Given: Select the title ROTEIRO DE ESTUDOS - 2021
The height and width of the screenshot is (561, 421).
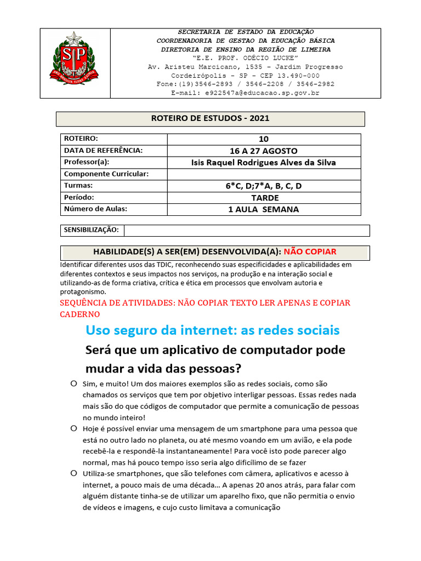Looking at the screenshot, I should [210, 118].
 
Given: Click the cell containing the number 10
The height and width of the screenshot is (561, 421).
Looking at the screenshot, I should [264, 139].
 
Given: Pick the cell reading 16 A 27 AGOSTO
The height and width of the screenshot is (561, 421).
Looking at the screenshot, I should [264, 151].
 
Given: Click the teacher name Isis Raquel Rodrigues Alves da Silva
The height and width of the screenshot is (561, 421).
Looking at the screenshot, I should [264, 162].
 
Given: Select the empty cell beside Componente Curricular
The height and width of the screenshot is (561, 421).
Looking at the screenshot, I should [264, 174].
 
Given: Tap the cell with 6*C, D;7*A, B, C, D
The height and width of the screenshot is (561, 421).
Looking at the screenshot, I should [264, 186].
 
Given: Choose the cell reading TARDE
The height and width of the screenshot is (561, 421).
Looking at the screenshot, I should [264, 197].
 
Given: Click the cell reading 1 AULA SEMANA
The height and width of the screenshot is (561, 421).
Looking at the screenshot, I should [264, 209].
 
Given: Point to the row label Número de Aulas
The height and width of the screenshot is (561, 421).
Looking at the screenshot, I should [95, 209].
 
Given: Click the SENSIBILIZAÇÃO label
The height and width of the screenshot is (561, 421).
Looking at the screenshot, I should [92, 230].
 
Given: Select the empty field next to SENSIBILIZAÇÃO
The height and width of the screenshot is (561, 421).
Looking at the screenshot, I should [247, 230].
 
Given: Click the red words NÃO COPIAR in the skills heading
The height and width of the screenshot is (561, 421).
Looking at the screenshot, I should [310, 252].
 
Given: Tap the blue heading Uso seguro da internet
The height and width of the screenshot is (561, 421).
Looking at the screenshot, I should [213, 330].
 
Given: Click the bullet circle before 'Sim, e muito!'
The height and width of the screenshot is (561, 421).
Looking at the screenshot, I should [73, 383].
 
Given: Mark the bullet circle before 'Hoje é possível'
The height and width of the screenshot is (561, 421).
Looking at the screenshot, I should [73, 428].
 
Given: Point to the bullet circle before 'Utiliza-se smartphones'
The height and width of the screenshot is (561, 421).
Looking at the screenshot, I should [73, 473].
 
